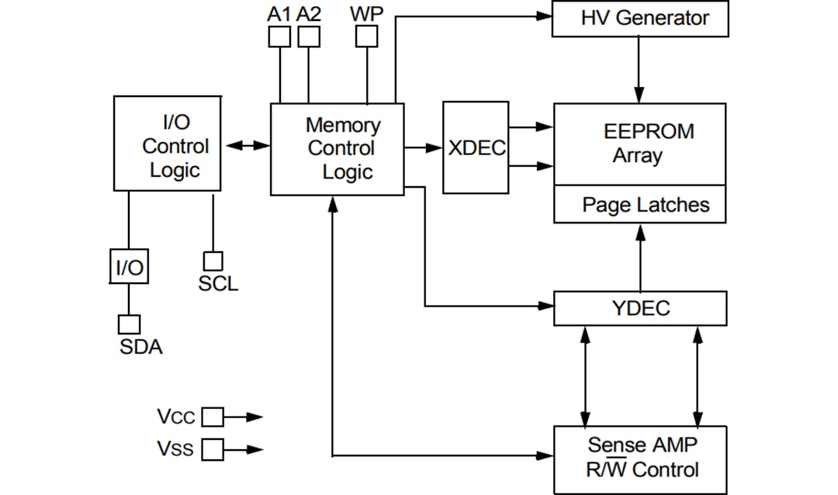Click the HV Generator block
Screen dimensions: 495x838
pos(640,19)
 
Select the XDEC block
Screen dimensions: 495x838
pos(476,147)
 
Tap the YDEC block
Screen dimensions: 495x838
pos(640,308)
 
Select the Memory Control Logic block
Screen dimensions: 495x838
pos(337,148)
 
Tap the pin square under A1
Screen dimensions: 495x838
pos(279,36)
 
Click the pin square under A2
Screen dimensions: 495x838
pos(309,36)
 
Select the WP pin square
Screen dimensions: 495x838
pos(366,36)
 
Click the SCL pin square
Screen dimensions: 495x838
pos(213,261)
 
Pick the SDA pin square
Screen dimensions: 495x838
pos(129,324)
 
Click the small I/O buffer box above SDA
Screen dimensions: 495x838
pos(129,268)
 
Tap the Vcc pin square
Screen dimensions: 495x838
pos(212,417)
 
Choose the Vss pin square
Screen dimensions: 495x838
pos(212,448)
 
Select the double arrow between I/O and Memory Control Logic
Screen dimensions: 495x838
pos(245,145)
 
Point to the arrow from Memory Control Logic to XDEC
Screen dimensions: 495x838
pos(423,147)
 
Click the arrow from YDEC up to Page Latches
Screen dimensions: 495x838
pos(640,257)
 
